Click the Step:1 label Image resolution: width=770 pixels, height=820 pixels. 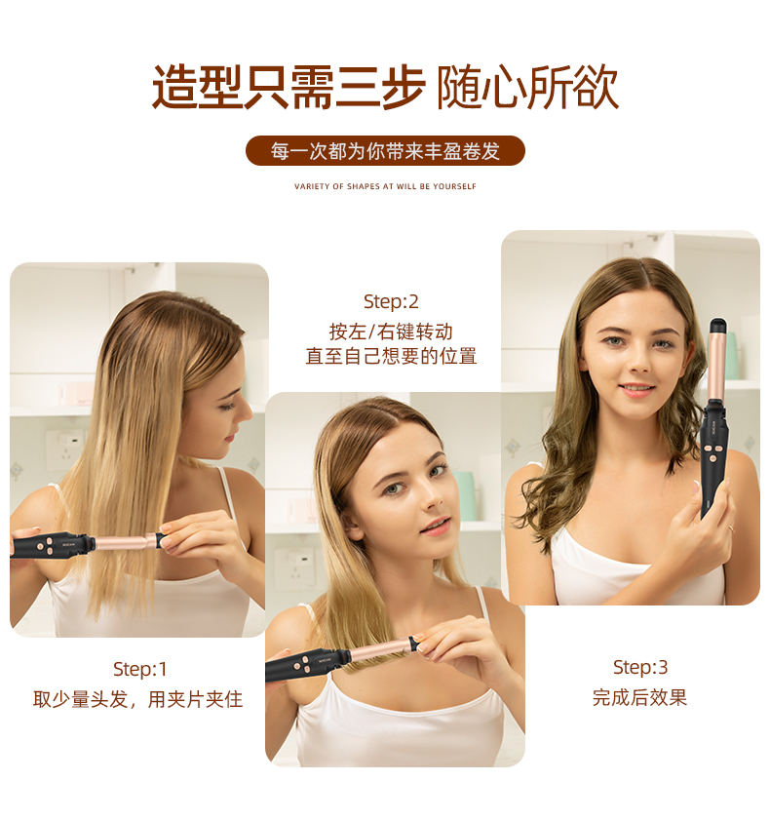(140, 669)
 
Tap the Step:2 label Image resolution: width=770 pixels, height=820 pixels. (391, 301)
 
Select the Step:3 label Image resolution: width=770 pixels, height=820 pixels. (640, 667)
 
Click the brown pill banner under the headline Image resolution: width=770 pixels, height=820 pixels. (385, 150)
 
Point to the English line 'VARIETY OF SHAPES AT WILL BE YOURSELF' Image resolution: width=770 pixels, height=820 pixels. (385, 186)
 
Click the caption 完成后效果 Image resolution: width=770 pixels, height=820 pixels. (639, 697)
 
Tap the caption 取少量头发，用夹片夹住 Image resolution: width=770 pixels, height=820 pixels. (138, 699)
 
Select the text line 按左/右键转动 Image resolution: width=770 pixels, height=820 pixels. (391, 332)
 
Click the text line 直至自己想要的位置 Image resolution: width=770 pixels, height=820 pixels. (391, 356)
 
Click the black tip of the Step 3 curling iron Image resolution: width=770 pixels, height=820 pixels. (717, 326)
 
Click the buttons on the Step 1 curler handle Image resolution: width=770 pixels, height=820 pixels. (46, 545)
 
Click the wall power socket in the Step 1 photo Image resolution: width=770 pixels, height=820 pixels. (65, 449)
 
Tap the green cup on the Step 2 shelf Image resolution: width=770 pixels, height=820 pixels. (464, 495)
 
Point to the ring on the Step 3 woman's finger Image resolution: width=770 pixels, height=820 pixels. (732, 527)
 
